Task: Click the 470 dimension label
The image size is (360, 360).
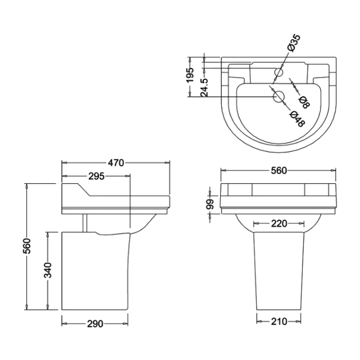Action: (x=116, y=163)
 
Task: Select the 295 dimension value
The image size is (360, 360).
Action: (x=96, y=176)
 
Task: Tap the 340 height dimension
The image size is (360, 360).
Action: (x=48, y=270)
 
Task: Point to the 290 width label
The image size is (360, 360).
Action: (x=95, y=324)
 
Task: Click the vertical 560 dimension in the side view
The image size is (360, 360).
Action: (x=27, y=246)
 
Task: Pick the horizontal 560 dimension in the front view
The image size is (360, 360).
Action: (x=279, y=171)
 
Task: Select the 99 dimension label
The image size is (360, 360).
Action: (x=210, y=204)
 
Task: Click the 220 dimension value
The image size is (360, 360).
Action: (x=279, y=223)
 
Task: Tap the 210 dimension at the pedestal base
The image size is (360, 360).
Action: (x=279, y=322)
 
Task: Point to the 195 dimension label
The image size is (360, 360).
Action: (x=190, y=75)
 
